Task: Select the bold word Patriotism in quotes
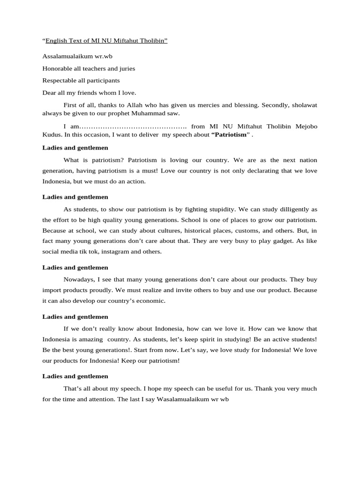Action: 230,135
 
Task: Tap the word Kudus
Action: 52,135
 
